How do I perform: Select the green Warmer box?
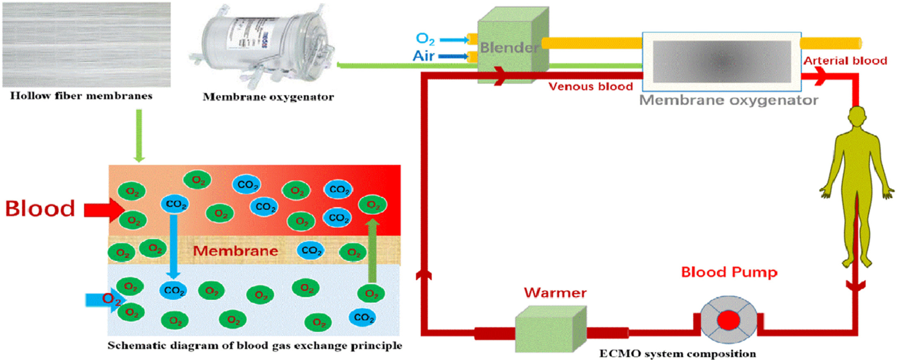point(548,329)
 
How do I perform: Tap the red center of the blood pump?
point(728,320)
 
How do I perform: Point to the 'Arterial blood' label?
point(845,61)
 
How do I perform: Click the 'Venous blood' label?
point(590,87)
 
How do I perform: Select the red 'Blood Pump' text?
point(729,272)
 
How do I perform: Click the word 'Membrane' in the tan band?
point(235,251)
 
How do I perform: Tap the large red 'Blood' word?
point(40,208)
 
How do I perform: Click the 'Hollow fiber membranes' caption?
point(81,96)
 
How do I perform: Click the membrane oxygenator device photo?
point(264,45)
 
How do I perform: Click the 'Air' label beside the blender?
point(423,56)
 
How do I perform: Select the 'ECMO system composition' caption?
point(677,353)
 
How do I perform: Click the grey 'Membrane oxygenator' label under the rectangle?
point(728,100)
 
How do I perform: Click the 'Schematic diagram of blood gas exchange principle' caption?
point(255,345)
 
